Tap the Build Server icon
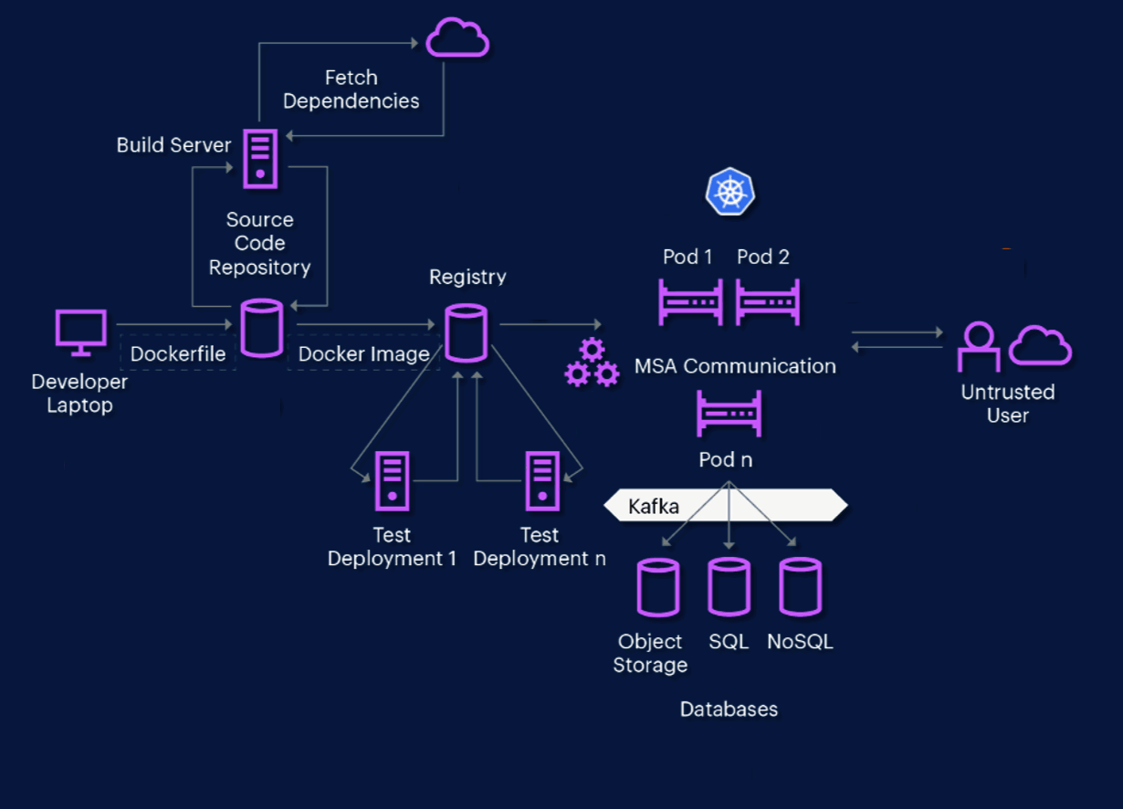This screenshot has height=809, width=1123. [x=260, y=159]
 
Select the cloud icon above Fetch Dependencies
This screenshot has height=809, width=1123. [x=458, y=39]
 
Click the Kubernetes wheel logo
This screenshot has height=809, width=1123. [x=730, y=192]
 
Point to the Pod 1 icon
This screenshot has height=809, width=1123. [x=690, y=302]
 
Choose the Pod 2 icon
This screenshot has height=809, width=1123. [x=768, y=302]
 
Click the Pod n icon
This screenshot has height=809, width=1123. [x=728, y=414]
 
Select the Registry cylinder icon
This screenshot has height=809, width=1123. [x=466, y=332]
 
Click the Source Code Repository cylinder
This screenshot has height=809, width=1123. [x=261, y=329]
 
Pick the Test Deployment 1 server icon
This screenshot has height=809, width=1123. [x=392, y=480]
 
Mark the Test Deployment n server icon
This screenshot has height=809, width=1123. [x=541, y=480]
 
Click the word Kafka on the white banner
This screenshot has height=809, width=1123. [x=654, y=506]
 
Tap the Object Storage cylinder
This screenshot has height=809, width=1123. [x=657, y=587]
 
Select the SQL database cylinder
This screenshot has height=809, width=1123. [x=729, y=587]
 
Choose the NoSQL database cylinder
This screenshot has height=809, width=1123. [x=800, y=587]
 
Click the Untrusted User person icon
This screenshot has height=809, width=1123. [x=978, y=346]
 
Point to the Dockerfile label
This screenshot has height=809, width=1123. [x=178, y=353]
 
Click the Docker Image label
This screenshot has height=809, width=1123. [x=363, y=353]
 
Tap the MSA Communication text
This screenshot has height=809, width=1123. [x=735, y=366]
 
